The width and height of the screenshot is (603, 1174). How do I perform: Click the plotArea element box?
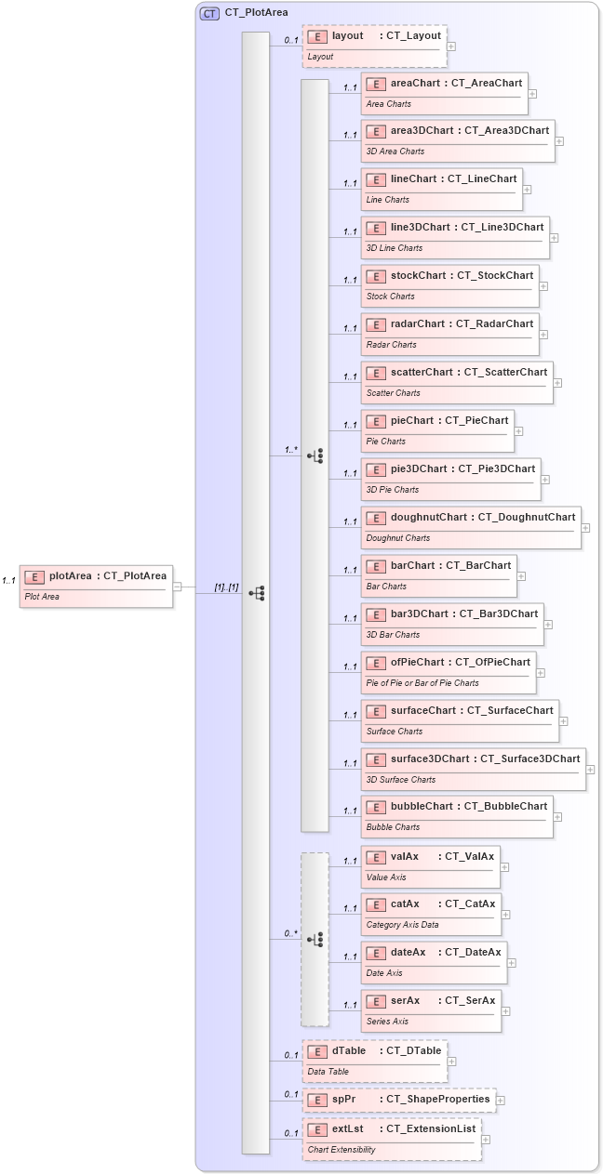click(x=97, y=586)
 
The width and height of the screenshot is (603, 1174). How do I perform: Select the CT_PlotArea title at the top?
click(x=256, y=13)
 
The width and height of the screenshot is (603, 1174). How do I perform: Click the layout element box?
click(x=374, y=46)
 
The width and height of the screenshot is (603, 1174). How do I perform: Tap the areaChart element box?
click(x=444, y=93)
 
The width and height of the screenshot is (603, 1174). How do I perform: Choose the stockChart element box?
click(x=449, y=285)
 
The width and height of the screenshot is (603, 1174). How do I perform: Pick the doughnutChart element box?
click(x=471, y=527)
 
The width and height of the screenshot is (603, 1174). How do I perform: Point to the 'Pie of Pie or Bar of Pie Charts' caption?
click(x=422, y=682)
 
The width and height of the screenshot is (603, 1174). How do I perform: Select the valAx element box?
click(x=430, y=865)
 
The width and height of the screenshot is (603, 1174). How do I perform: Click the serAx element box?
click(x=431, y=1010)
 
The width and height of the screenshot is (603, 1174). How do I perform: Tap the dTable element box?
click(x=374, y=1061)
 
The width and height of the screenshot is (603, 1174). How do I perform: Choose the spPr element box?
click(x=398, y=1100)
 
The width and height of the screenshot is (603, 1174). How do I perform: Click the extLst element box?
click(x=392, y=1139)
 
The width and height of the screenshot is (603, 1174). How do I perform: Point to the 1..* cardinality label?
click(x=291, y=450)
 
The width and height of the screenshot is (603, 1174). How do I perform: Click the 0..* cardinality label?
click(x=291, y=933)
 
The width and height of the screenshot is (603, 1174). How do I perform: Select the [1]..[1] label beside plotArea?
click(x=226, y=587)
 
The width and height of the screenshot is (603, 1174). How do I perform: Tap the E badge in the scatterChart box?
click(x=376, y=373)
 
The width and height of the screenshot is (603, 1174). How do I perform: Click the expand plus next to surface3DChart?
click(x=590, y=770)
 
